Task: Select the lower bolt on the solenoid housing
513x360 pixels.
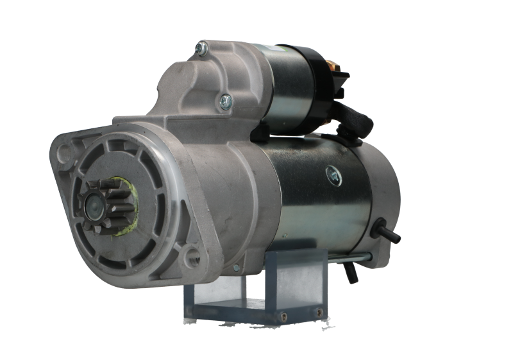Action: point(225,100)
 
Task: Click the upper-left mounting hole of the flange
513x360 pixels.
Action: point(63,153)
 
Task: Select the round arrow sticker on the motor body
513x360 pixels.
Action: point(333,173)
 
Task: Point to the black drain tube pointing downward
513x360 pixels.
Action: point(349,273)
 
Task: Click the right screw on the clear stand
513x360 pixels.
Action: point(319,311)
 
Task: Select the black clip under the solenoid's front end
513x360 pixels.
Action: point(259,132)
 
